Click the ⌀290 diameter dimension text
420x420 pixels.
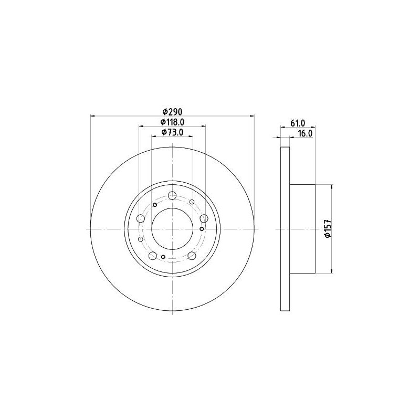click(x=172, y=111)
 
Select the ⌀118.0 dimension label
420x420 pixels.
click(x=172, y=122)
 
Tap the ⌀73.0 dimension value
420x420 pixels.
click(x=172, y=132)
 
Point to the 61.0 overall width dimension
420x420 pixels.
click(x=298, y=123)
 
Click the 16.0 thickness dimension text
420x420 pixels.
click(x=305, y=134)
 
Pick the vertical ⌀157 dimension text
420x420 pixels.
click(x=327, y=229)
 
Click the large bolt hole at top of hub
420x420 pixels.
click(x=172, y=196)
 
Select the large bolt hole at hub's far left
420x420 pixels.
click(x=141, y=219)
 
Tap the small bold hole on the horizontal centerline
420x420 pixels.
click(x=202, y=229)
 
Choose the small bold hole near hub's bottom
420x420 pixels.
click(x=163, y=257)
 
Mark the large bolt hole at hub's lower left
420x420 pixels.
click(x=153, y=256)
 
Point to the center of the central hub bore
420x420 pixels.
click(x=172, y=229)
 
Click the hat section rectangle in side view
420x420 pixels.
click(x=302, y=229)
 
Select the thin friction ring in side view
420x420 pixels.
click(x=285, y=229)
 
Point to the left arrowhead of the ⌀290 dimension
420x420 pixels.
click(x=93, y=115)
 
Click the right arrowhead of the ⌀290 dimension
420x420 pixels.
click(x=251, y=115)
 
